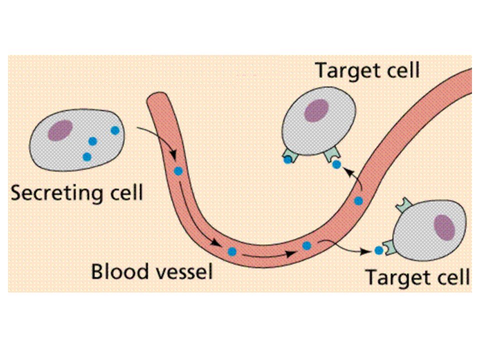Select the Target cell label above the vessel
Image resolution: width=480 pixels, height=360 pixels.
tap(367, 71)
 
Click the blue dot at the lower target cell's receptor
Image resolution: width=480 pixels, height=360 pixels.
tap(379, 249)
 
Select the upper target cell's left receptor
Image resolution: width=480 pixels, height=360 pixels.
tap(289, 156)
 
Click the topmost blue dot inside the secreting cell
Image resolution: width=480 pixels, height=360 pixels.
tap(115, 130)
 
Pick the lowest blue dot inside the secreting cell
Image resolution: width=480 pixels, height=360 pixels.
tap(87, 156)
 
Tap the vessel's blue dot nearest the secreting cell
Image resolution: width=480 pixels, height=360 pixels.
tap(178, 171)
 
